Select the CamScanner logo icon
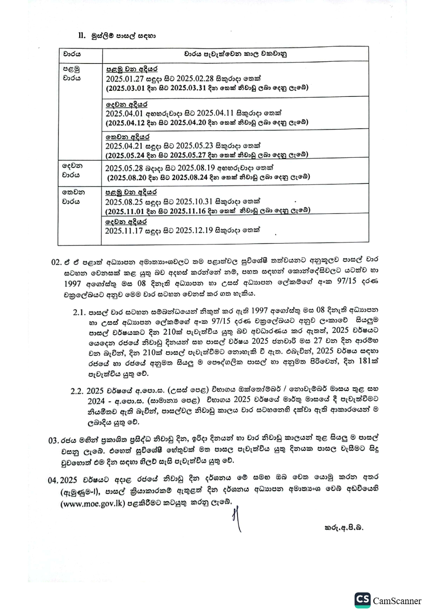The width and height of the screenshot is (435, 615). (362, 600)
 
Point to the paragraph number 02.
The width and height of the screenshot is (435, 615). (56, 263)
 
